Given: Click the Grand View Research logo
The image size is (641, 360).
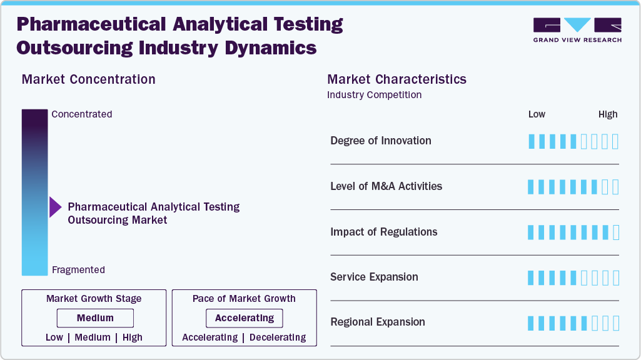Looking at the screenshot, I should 577,29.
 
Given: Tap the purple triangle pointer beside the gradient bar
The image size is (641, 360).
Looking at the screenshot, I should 55,207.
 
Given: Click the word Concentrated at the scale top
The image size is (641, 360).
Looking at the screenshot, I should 82,114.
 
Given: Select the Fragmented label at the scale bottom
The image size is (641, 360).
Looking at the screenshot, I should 78,270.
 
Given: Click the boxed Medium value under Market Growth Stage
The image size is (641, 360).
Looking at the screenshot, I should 95,318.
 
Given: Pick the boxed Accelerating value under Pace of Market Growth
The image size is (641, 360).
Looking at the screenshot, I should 245,318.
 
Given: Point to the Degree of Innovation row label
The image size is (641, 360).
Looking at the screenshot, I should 381,141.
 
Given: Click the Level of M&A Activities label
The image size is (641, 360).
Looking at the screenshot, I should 386,186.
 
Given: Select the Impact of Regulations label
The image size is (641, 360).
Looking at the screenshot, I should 384,232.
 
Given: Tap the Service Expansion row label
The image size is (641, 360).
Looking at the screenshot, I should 374,277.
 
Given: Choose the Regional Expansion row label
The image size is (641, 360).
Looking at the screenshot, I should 378,322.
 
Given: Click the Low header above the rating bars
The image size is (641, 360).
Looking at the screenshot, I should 537,114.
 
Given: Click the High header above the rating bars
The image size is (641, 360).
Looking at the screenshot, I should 608,114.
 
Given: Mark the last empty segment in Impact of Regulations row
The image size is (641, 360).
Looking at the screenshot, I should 616,232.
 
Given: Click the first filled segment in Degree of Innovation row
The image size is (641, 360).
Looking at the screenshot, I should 532,141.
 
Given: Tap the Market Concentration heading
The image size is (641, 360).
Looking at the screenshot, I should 89,79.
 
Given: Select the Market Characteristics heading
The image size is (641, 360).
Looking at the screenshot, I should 397,79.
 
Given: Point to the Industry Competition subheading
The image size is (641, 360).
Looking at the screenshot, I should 375,95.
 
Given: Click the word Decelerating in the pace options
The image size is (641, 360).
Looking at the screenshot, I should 278,337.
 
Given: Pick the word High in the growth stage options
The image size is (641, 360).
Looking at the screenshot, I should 133,337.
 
